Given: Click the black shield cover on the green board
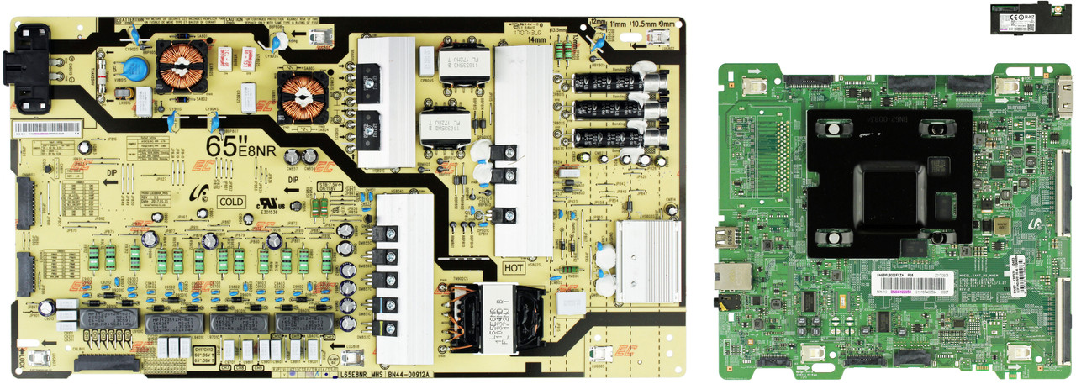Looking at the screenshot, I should (889, 184).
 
